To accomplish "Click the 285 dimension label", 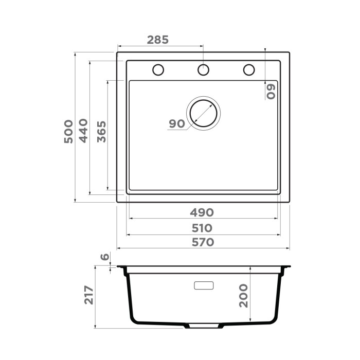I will pyautogui.click(x=158, y=40).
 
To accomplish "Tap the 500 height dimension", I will pyautogui.click(x=68, y=132).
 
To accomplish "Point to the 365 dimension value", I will pyautogui.click(x=101, y=132).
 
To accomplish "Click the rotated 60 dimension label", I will pyautogui.click(x=271, y=91).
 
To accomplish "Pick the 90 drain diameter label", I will pyautogui.click(x=176, y=123).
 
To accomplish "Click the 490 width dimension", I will pyautogui.click(x=203, y=212).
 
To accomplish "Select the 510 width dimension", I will pyautogui.click(x=203, y=227).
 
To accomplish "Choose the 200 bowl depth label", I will pyautogui.click(x=243, y=295).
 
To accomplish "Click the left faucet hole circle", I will pyautogui.click(x=158, y=69).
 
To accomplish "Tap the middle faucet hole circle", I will pyautogui.click(x=204, y=69).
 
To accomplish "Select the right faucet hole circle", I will pyautogui.click(x=249, y=69).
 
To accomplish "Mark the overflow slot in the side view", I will pyautogui.click(x=204, y=285).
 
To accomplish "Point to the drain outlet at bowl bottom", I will pyautogui.click(x=204, y=326).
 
